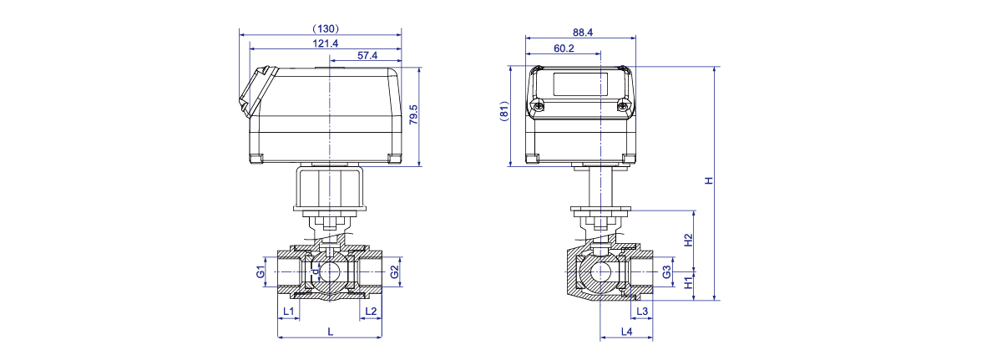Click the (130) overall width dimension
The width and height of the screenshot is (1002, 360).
click(x=325, y=28)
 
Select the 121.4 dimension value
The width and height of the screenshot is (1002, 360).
click(x=325, y=43)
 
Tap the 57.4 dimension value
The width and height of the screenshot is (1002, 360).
click(x=367, y=55)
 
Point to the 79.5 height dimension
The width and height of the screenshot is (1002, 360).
click(x=414, y=114)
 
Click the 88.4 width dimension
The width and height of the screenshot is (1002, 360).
click(x=583, y=33)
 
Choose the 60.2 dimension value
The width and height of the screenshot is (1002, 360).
click(x=564, y=48)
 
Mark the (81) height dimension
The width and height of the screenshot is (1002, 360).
click(x=504, y=111)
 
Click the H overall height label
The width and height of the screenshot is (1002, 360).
click(x=709, y=180)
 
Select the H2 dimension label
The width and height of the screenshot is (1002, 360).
click(x=688, y=241)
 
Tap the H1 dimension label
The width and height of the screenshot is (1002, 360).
click(x=688, y=282)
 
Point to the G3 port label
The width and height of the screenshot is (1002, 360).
click(x=666, y=272)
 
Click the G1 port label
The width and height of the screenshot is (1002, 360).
click(x=261, y=271)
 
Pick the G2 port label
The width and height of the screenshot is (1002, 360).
click(x=394, y=271)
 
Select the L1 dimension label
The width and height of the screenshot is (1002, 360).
click(x=289, y=312)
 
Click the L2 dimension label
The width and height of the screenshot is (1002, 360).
click(x=371, y=312)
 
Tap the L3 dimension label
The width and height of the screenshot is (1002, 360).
click(x=642, y=312)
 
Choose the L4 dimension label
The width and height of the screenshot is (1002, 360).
click(x=627, y=332)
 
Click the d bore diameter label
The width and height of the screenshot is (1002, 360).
click(x=316, y=271)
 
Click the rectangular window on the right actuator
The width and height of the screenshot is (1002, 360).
click(x=580, y=84)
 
